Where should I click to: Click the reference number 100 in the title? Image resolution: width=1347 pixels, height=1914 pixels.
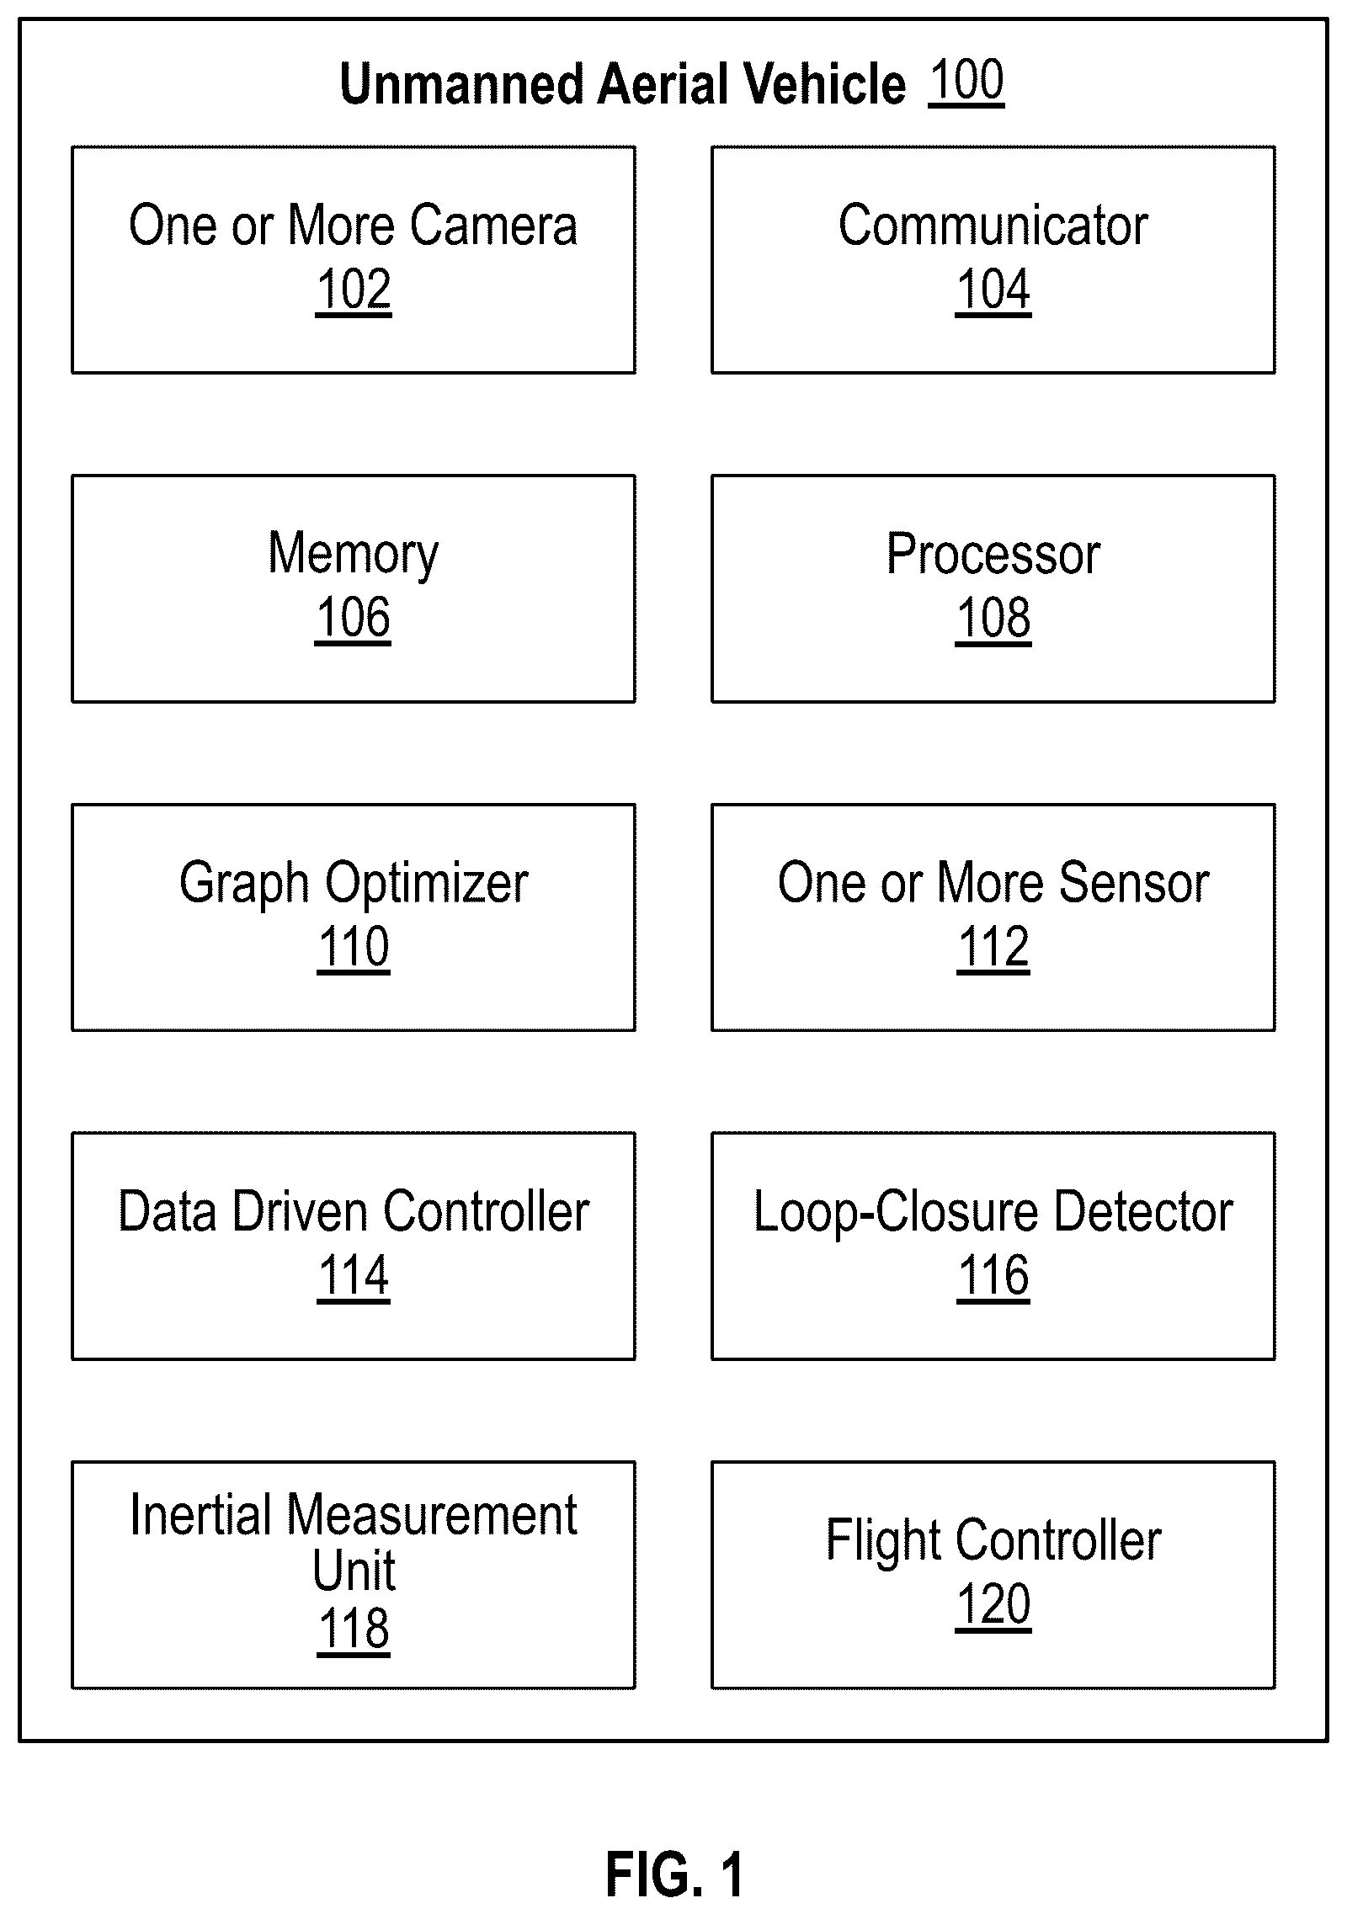click(966, 81)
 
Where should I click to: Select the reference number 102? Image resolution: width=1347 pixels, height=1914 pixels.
click(354, 290)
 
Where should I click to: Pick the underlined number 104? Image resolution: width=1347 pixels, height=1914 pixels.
click(993, 290)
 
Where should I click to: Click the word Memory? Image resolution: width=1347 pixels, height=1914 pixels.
click(354, 556)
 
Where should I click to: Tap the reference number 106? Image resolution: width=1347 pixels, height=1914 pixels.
click(353, 618)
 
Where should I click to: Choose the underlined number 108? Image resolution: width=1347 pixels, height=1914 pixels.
click(993, 618)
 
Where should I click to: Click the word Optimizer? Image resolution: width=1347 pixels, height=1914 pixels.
click(427, 885)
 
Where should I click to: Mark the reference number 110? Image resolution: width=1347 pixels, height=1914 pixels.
click(354, 947)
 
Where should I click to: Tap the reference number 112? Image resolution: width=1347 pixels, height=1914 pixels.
click(993, 947)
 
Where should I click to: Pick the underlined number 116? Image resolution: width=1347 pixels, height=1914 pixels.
click(993, 1276)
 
